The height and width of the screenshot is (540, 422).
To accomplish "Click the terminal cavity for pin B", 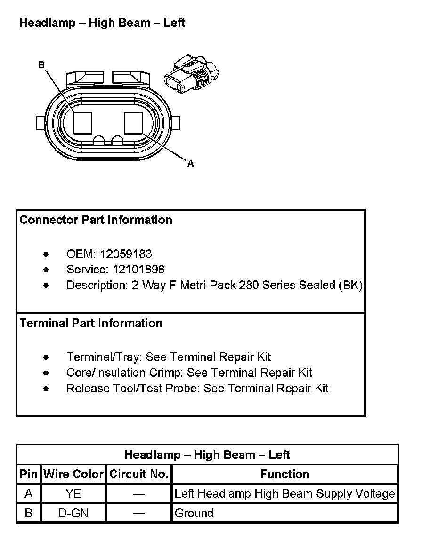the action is click(83, 123).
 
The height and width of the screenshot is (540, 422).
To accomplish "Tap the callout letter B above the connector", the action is click(41, 65).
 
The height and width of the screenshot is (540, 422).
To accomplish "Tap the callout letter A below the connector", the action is click(190, 164).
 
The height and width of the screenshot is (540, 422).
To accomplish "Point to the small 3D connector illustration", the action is click(192, 73).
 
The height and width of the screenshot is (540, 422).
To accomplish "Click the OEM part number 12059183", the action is click(126, 254).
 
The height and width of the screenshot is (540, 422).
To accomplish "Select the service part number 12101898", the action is click(138, 270).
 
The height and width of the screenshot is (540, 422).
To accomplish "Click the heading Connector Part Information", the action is click(96, 220).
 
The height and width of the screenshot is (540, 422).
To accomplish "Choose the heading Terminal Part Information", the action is click(91, 323).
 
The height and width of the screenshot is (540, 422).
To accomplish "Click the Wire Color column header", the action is click(73, 474).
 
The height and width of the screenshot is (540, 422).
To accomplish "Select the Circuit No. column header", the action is click(139, 474).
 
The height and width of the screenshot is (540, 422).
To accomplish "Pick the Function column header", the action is click(284, 474).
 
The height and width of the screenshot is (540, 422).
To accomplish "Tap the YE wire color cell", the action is click(73, 494).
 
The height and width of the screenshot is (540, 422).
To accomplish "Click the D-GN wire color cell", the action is click(73, 513).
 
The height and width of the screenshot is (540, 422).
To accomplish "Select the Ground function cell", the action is click(194, 513).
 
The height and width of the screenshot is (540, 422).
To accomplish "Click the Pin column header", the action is click(28, 474).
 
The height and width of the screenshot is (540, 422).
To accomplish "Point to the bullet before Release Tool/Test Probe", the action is click(46, 389).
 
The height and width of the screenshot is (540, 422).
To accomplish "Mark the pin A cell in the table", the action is click(28, 494).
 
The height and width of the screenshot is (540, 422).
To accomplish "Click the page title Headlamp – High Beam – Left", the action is click(102, 23).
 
